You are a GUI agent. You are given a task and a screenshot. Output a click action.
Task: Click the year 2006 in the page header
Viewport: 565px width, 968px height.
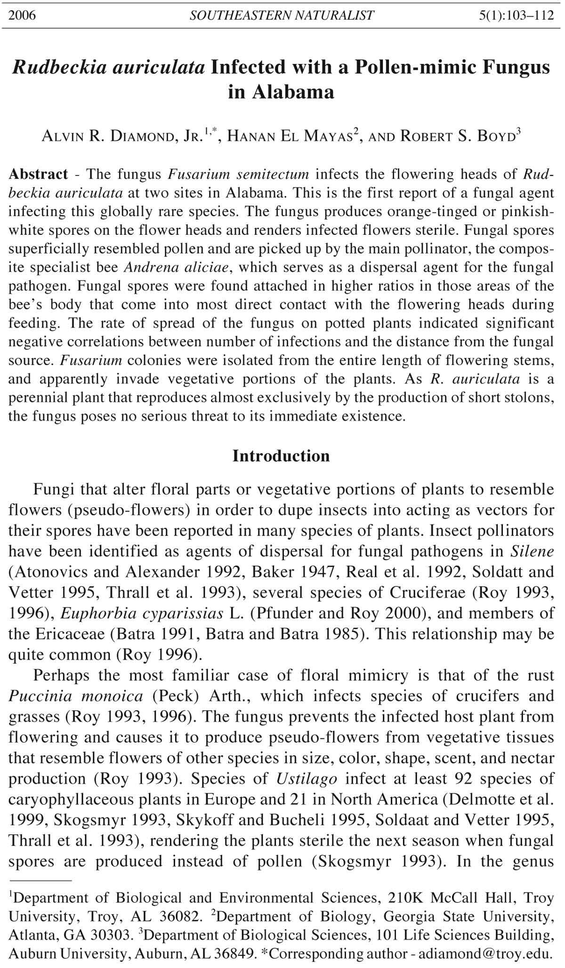(x=22, y=16)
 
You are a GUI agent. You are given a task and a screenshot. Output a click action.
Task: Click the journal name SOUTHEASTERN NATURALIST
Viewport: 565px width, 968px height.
(x=282, y=16)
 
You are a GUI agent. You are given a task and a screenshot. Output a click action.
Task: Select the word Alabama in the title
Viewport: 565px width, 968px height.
(x=281, y=91)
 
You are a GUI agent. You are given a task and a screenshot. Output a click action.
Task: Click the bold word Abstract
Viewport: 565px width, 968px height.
(x=39, y=174)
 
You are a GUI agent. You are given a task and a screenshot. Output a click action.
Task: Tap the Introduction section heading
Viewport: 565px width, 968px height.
(x=281, y=456)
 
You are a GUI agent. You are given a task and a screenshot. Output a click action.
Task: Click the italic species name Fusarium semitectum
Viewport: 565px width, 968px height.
(x=239, y=174)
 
